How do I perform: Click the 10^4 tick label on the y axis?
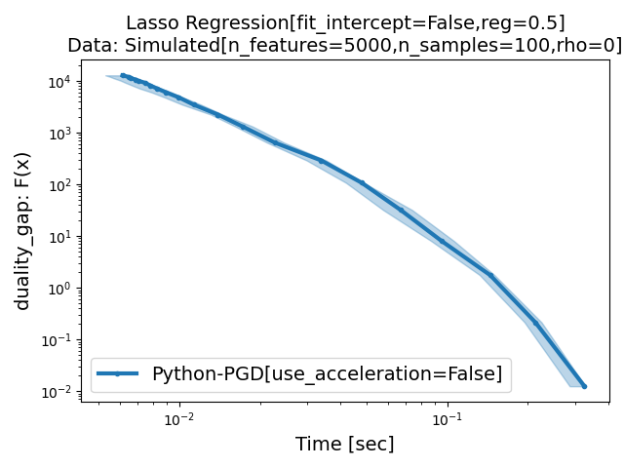pyautogui.click(x=58, y=82)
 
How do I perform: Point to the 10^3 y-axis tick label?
pyautogui.click(x=58, y=134)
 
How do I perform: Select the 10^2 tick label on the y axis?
pyautogui.click(x=58, y=185)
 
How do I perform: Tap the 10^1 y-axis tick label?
pyautogui.click(x=58, y=237)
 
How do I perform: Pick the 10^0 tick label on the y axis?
pyautogui.click(x=58, y=289)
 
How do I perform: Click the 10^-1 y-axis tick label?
pyautogui.click(x=56, y=340)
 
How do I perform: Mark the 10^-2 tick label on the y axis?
pyautogui.click(x=56, y=392)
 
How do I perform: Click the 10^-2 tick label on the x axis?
pyautogui.click(x=178, y=419)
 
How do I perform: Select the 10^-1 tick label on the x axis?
pyautogui.click(x=448, y=419)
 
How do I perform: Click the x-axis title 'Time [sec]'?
pyautogui.click(x=345, y=445)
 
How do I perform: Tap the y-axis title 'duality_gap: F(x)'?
pyautogui.click(x=22, y=230)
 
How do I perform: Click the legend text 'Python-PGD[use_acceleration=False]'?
pyautogui.click(x=327, y=373)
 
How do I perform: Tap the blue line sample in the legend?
pyautogui.click(x=118, y=373)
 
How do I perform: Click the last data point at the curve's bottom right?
pyautogui.click(x=584, y=386)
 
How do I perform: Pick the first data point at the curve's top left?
pyautogui.click(x=123, y=75)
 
